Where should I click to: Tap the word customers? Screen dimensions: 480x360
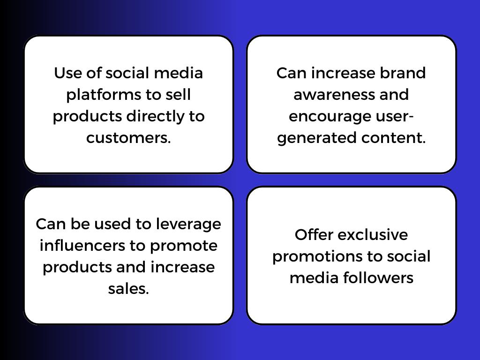(x=128, y=138)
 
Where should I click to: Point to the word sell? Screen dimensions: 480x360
(x=179, y=94)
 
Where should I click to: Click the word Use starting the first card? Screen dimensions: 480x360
(x=67, y=73)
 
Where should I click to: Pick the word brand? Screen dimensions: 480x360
(x=403, y=73)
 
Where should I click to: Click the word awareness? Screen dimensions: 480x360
(x=332, y=95)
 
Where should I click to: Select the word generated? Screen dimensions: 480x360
(x=317, y=138)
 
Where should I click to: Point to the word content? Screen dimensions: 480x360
(x=394, y=138)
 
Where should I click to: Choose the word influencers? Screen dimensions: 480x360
(x=82, y=246)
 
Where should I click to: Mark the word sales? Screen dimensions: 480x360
(x=128, y=289)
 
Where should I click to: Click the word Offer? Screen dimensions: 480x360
(x=314, y=235)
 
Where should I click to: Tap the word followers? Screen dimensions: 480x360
(x=378, y=278)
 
